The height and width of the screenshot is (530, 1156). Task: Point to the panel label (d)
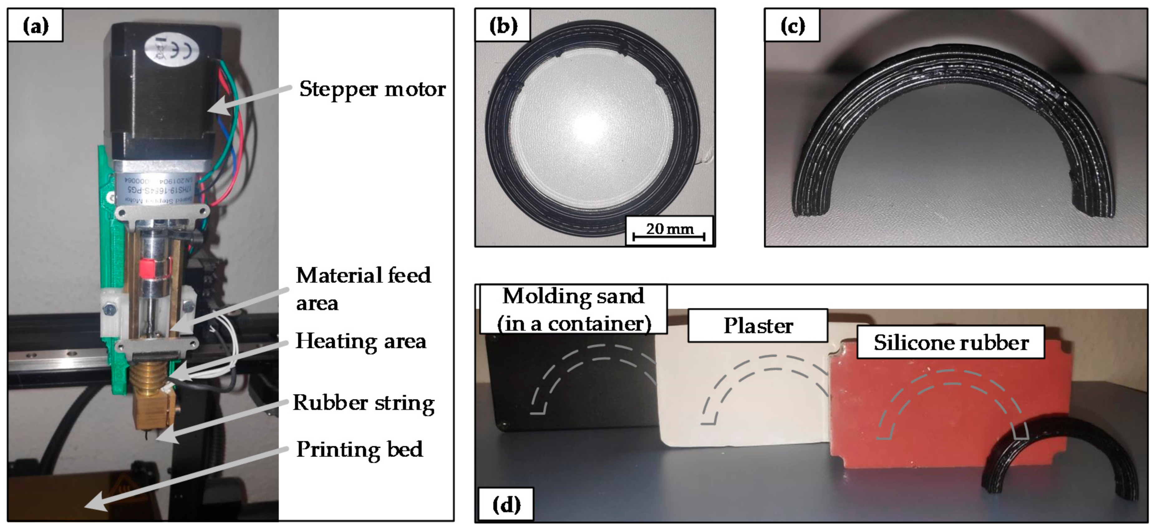point(506,505)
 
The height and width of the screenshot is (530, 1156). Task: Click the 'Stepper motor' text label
point(372,89)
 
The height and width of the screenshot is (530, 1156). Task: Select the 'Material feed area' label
point(363,289)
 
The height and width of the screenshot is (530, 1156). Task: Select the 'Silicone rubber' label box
point(950,343)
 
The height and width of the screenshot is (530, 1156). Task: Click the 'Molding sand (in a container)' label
point(573,310)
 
